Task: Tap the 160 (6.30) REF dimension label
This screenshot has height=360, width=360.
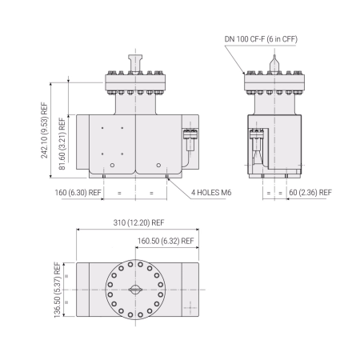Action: [x=77, y=193]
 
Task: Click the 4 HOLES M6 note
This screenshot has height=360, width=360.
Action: [x=213, y=193]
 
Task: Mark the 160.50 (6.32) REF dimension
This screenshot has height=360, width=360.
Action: [x=166, y=240]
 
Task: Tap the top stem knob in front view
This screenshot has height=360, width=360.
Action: [x=134, y=60]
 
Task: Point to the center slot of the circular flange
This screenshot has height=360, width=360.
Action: [x=134, y=290]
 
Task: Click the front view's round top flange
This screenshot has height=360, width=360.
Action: [x=134, y=80]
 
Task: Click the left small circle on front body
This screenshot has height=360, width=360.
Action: [x=113, y=165]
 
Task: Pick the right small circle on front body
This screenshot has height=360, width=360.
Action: [x=156, y=165]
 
